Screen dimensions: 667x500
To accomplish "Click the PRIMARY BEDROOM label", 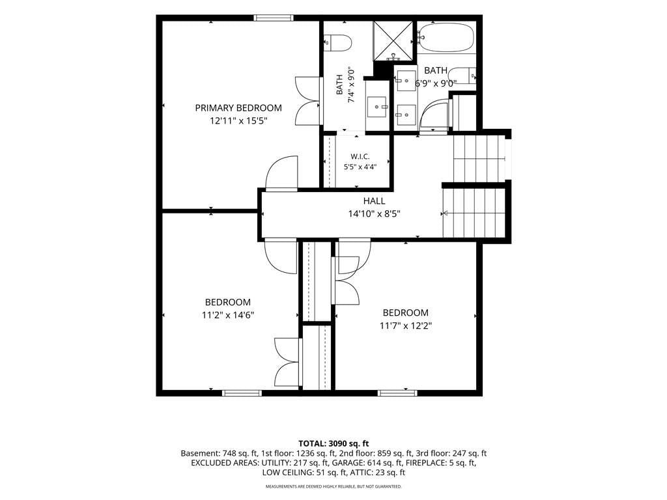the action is pyautogui.click(x=238, y=108).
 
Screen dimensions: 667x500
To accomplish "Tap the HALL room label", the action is pyautogui.click(x=374, y=201).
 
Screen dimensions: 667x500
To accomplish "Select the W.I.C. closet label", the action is pyautogui.click(x=360, y=156).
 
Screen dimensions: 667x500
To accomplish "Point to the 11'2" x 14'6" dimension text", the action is pyautogui.click(x=228, y=315).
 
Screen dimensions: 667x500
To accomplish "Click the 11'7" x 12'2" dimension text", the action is pyautogui.click(x=406, y=326).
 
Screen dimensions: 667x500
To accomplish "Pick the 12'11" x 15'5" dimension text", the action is pyautogui.click(x=238, y=120).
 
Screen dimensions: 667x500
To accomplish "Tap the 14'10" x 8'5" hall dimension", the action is pyautogui.click(x=375, y=214).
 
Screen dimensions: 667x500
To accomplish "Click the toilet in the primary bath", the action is pyautogui.click(x=338, y=42).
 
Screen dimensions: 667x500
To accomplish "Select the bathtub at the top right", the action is pyautogui.click(x=446, y=37).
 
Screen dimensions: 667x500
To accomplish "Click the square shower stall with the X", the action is pyautogui.click(x=393, y=41).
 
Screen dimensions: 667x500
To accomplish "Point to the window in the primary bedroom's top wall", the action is pyautogui.click(x=274, y=18).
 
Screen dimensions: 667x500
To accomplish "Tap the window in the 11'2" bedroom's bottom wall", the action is pyautogui.click(x=242, y=393).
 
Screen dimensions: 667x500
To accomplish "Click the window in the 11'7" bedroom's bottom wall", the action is pyautogui.click(x=398, y=393).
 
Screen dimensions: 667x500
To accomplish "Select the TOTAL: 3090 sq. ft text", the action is pyautogui.click(x=333, y=444).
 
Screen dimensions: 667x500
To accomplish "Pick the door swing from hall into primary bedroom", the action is pyautogui.click(x=281, y=172).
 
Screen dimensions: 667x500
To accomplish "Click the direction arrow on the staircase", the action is pyautogui.click(x=445, y=213).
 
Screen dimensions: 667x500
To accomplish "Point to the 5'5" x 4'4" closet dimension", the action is pyautogui.click(x=360, y=167).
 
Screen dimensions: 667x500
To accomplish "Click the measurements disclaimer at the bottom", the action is pyautogui.click(x=333, y=486).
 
